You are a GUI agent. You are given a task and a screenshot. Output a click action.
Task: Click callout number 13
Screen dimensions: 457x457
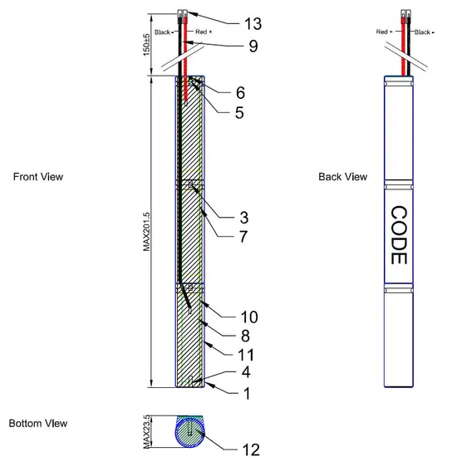click(253, 23)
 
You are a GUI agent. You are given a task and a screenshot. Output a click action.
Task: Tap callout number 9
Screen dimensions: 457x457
click(253, 46)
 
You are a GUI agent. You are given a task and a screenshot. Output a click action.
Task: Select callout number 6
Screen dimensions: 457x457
click(240, 93)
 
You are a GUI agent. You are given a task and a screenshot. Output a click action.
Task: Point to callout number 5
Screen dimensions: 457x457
click(239, 113)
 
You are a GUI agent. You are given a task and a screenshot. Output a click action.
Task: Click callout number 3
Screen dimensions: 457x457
click(244, 218)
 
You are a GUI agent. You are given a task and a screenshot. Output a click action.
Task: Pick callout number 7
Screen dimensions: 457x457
click(243, 237)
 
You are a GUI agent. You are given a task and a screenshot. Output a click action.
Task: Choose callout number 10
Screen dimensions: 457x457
click(249, 317)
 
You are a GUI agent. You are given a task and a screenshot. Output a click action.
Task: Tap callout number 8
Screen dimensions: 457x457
click(245, 336)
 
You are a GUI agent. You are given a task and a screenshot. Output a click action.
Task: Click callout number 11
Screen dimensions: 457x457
click(246, 355)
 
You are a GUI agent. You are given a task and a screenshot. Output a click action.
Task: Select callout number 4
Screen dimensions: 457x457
click(246, 372)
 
